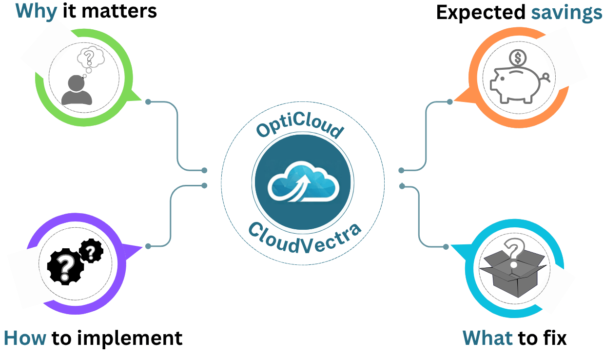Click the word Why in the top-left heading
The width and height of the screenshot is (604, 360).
point(37,11)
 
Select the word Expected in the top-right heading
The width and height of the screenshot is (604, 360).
point(480,13)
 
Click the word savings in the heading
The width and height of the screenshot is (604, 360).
point(566,13)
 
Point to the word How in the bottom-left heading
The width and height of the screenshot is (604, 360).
point(25,338)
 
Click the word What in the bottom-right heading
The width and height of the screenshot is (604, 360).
point(487,338)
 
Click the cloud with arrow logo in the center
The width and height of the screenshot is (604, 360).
point(303,185)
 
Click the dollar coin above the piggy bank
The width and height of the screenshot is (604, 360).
point(518,59)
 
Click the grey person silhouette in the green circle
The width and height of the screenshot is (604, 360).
point(77,91)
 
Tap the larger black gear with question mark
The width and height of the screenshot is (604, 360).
point(65,268)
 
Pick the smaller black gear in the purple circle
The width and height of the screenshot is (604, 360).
point(91,252)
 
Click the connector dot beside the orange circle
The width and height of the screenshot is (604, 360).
point(450,102)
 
